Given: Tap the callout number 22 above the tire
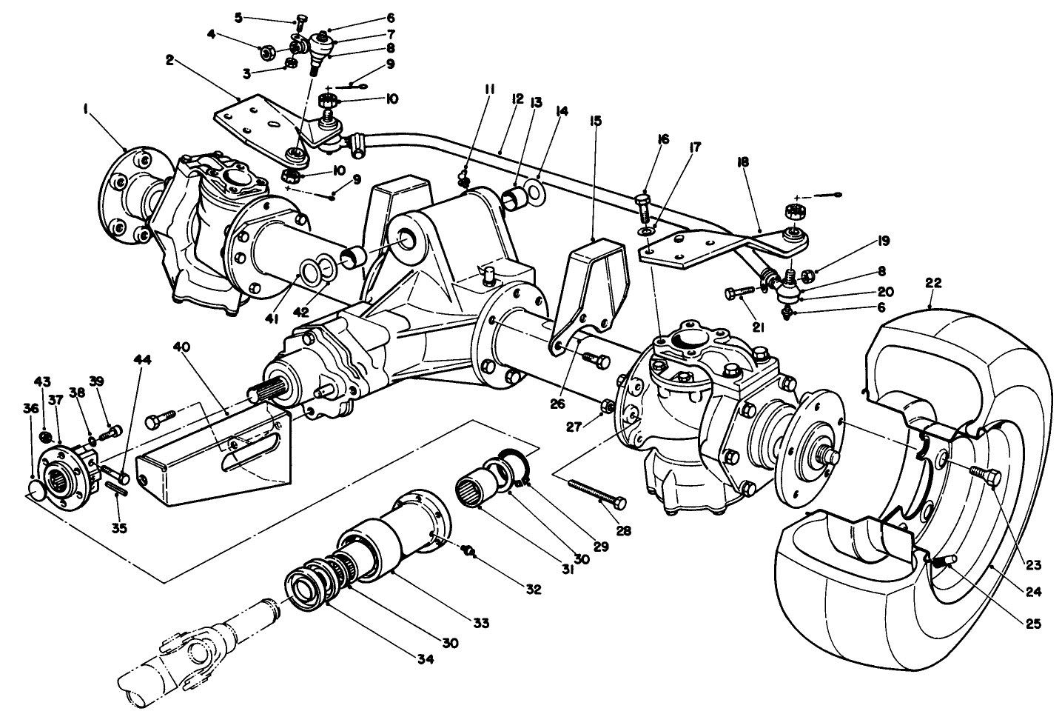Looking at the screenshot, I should pyautogui.click(x=933, y=283).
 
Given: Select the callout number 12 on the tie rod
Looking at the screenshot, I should pyautogui.click(x=517, y=98).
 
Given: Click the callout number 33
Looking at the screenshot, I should pyautogui.click(x=481, y=624).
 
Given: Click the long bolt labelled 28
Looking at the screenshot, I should pyautogui.click(x=596, y=493).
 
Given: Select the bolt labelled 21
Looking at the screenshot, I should pyautogui.click(x=743, y=293).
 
